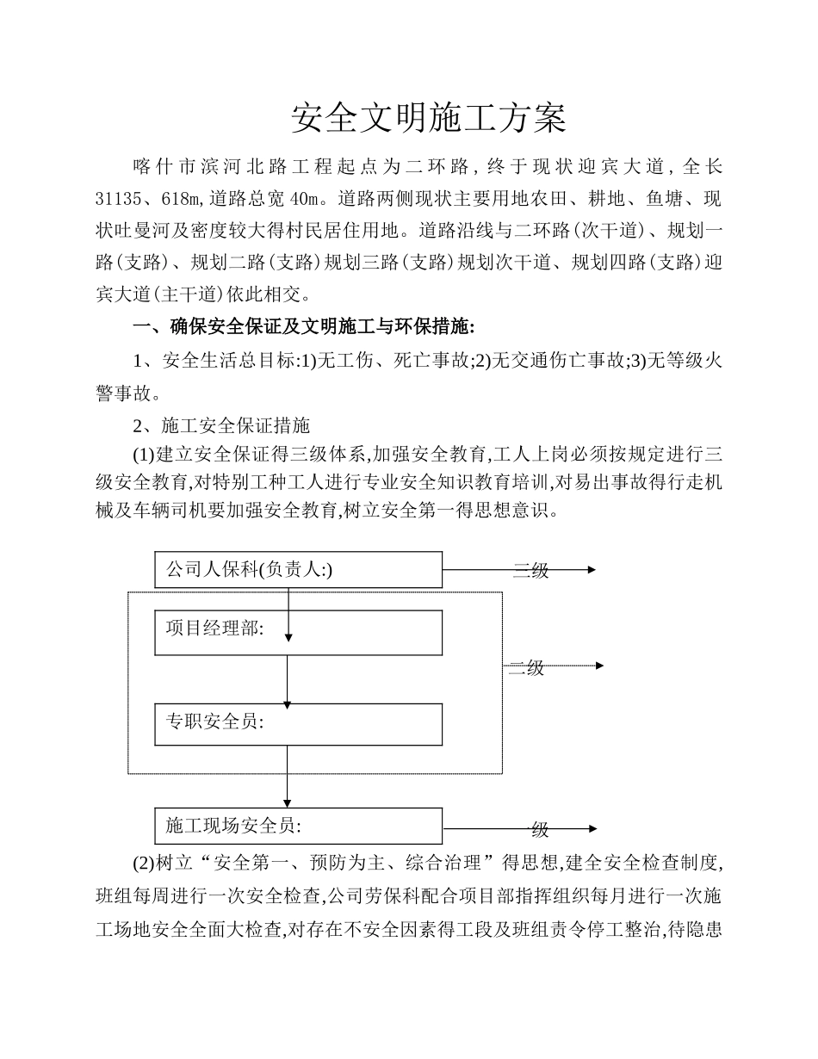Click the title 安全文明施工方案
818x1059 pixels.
429,120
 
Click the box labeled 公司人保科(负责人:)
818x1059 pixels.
298,570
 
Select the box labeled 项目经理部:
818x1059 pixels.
298,633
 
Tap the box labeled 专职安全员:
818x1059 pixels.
298,724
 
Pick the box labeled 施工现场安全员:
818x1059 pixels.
298,827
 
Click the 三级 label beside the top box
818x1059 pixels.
530,571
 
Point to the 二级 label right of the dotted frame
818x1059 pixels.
526,668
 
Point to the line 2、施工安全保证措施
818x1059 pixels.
221,425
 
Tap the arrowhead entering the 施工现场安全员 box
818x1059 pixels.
288,804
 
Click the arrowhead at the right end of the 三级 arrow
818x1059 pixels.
592,569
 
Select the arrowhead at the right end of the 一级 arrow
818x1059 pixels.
592,829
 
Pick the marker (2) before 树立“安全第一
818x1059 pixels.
143,864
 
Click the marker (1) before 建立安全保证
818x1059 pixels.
143,455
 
